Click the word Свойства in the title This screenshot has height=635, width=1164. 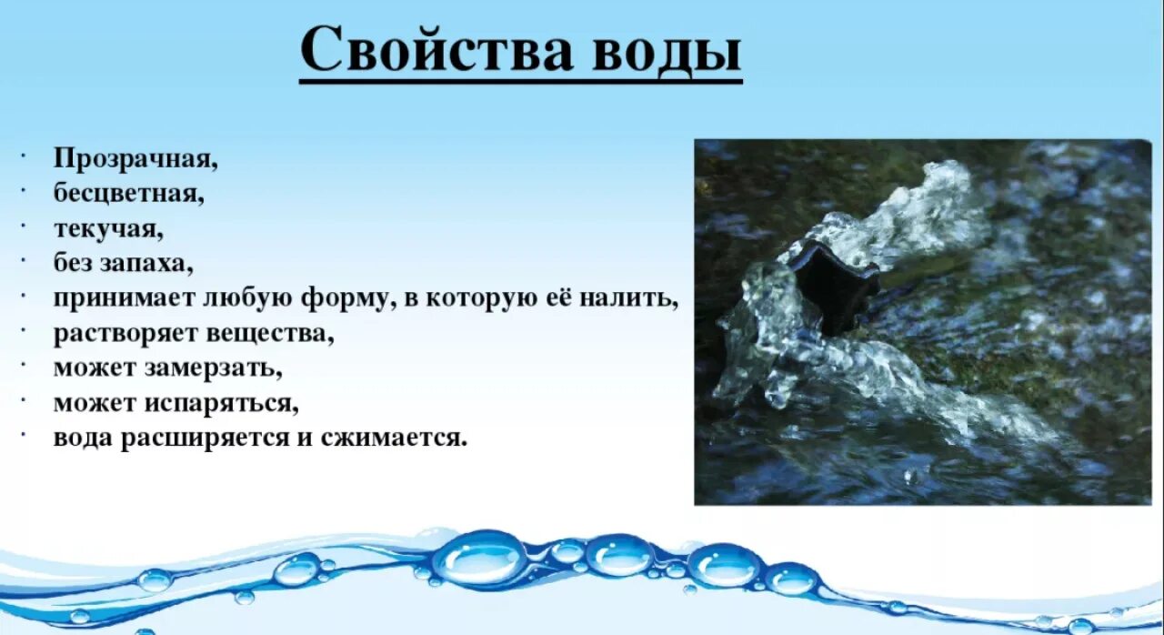pos(436,50)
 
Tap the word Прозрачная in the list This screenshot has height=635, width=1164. pos(135,159)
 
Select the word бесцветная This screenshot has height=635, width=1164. pos(127,193)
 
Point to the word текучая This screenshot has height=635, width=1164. pos(108,228)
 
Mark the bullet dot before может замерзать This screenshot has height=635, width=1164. pos(21,367)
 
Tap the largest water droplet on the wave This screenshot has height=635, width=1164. pos(478,557)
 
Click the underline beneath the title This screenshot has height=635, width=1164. pos(520,82)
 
